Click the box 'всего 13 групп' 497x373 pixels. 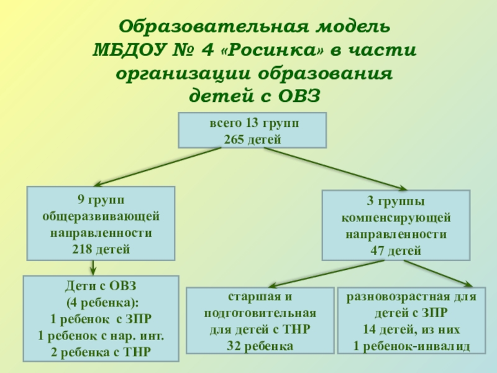tap(253, 130)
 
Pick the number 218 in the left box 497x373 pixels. tap(86, 249)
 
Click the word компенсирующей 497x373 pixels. tap(396, 219)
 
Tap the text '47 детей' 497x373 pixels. tap(396, 251)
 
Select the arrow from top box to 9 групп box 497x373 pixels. tap(155, 167)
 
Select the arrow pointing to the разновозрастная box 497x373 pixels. tap(435, 273)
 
